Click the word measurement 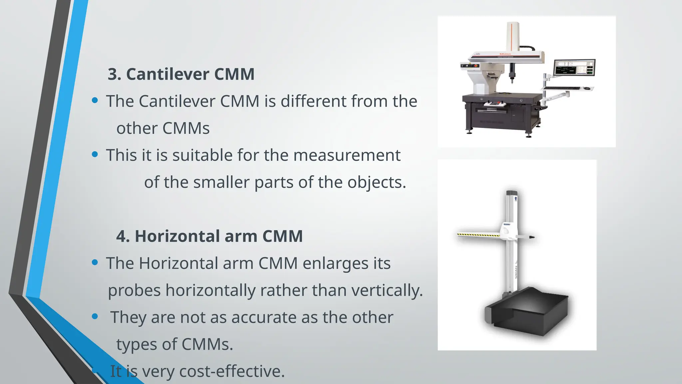coord(347,155)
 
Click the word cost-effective coord(232,371)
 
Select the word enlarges coord(335,263)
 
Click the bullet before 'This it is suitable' coord(95,154)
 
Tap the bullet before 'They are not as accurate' coord(95,316)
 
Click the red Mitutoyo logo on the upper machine coord(505,54)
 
